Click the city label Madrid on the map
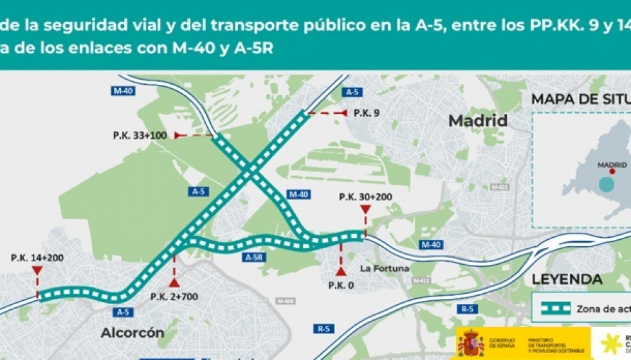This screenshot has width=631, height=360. coord(477,121)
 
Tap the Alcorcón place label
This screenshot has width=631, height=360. coord(132,333)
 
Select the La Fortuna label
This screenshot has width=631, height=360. coord(384,268)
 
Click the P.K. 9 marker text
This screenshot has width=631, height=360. coord(367,113)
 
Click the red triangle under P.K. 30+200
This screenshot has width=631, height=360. coord(365,210)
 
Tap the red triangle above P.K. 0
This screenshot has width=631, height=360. coord(341,271)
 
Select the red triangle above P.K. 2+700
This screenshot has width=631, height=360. coord(174,282)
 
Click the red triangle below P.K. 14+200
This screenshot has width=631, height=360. coord(37,271)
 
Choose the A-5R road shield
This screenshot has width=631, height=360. coord(255,256)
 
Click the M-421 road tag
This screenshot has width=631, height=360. coord(499,187)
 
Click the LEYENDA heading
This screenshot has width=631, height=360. coord(567,280)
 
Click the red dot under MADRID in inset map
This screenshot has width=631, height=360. coord(612,172)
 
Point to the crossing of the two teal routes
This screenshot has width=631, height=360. coord(249,171)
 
